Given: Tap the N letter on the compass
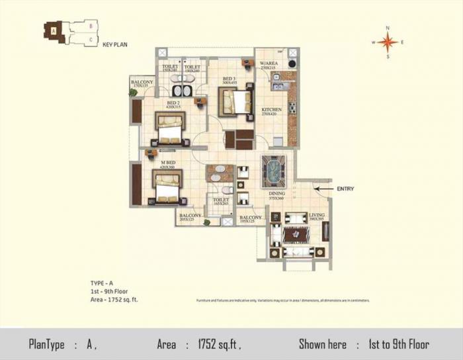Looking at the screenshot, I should pos(388,28).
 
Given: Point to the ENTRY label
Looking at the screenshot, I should pos(345,189).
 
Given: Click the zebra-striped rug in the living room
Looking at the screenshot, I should pos(292,235).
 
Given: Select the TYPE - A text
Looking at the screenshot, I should pos(103,283).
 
